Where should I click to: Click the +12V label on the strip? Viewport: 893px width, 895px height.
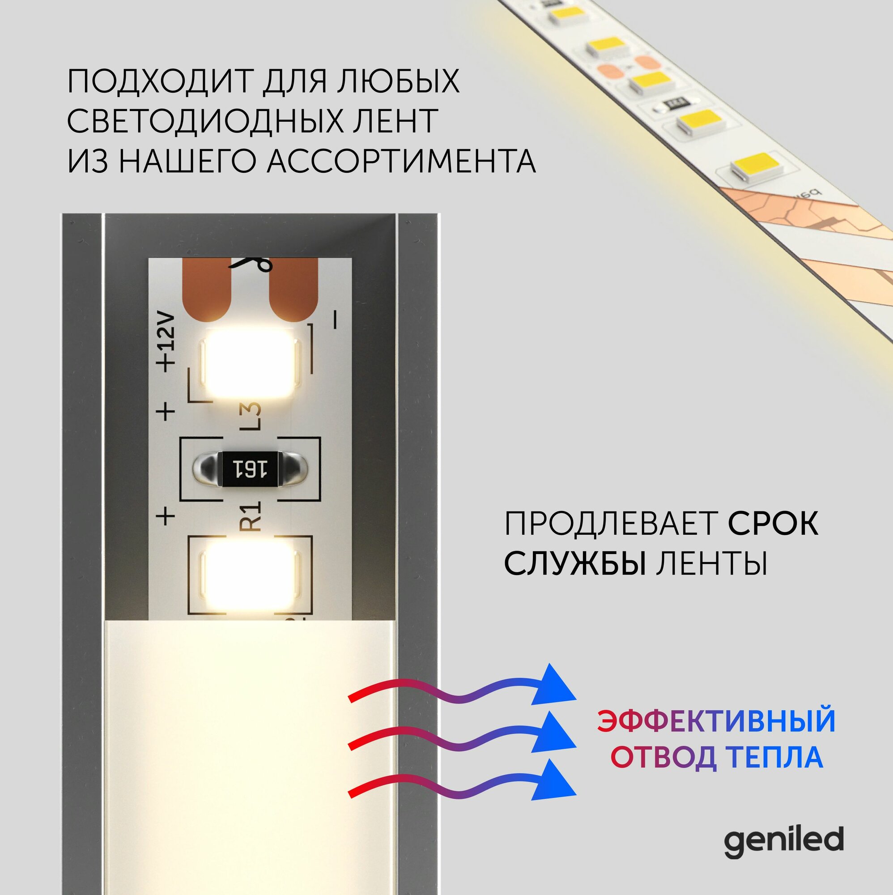167,343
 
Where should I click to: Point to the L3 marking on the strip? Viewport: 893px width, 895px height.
252,416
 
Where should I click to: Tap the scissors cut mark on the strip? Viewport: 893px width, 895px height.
252,265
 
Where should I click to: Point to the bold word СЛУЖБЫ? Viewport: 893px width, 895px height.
575,563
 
